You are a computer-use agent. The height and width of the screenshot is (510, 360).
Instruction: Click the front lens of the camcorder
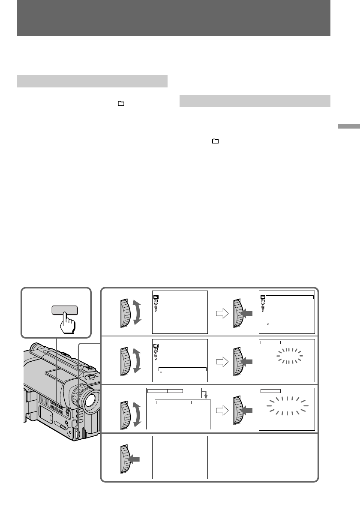click(x=89, y=400)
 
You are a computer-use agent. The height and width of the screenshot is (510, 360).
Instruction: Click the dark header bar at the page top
click(x=174, y=18)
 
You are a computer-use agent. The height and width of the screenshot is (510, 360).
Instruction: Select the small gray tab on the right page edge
click(x=348, y=127)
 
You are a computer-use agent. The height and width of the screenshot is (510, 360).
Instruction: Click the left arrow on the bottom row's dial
click(x=134, y=460)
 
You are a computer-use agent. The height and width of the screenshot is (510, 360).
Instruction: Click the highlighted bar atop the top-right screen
click(x=290, y=297)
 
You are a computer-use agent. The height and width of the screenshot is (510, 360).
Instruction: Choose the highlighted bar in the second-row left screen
click(x=182, y=369)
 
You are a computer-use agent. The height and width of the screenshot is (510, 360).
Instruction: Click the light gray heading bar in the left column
click(x=92, y=81)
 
